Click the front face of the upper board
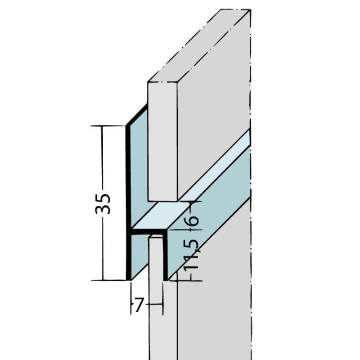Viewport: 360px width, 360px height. (x=163, y=141)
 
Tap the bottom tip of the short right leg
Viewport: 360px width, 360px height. (x=165, y=279)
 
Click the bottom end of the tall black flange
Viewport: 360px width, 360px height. (x=128, y=278)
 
